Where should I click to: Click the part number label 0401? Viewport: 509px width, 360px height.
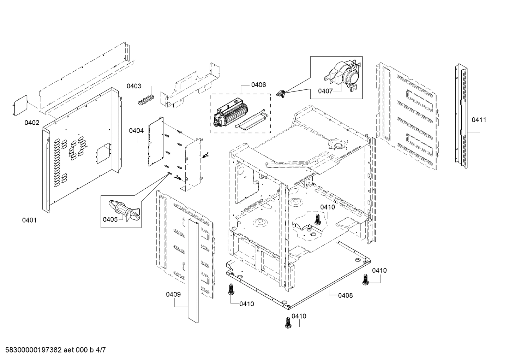coord(29,220)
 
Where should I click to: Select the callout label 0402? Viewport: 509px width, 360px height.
coord(32,123)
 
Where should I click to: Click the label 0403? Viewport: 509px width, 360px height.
coord(134,86)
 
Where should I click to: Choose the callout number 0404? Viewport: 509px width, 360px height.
coord(136,131)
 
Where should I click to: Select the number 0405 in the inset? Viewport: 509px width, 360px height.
coord(110,219)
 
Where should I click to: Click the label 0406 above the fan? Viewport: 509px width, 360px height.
coord(258,85)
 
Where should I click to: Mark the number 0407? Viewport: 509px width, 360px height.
coord(325,91)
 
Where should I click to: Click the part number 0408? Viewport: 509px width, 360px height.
coord(345,295)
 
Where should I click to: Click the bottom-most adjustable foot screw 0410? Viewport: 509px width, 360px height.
coord(288,323)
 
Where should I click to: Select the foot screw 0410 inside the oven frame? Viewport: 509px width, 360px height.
coord(317,219)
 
